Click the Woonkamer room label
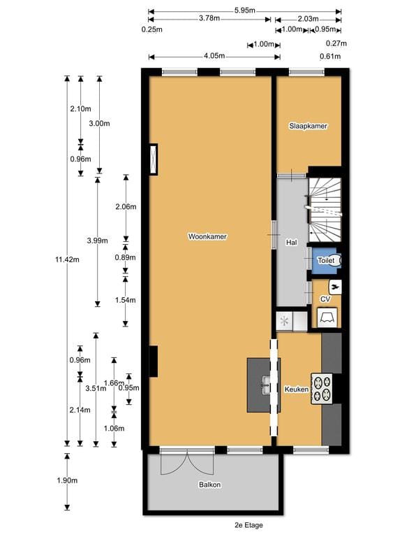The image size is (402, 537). pos(207,237)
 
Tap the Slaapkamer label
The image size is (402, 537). pos(308,127)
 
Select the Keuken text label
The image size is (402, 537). pos(296,389)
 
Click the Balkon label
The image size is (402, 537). pos(209,485)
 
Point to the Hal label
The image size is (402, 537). pos(292,243)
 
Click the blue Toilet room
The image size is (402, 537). pos(326,260)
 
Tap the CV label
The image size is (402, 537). pos(325,299)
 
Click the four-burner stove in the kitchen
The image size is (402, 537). pos(322,389)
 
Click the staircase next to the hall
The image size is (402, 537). pos(325,207)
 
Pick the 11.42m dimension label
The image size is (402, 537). pos(68,259)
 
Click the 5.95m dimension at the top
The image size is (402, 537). pos(244,10)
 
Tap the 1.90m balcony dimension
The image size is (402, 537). pos(68,481)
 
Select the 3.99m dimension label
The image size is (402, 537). pos(97,241)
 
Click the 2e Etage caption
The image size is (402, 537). pos(249,525)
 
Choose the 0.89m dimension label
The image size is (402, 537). pos(126,259)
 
